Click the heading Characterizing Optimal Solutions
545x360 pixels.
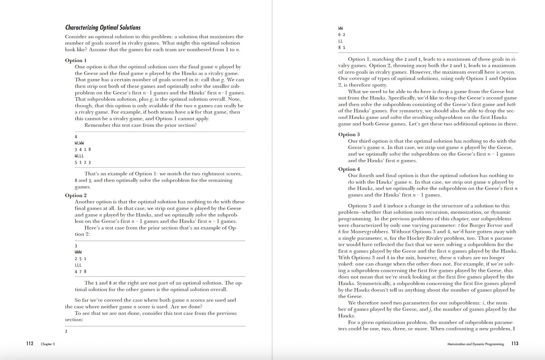click(103, 28)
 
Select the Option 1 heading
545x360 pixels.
click(76, 60)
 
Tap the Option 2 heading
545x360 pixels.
click(76, 195)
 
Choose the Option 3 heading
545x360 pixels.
click(349, 135)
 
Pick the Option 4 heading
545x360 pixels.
click(349, 169)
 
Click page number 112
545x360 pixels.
click(30, 344)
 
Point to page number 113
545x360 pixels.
click(515, 344)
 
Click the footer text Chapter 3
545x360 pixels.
click(48, 344)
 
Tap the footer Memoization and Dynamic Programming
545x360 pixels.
click(475, 344)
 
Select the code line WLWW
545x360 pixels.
click(79, 143)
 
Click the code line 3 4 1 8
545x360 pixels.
click(83, 149)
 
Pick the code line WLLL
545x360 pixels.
click(79, 156)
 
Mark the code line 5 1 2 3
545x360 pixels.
click(83, 163)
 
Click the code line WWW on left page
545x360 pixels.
click(78, 252)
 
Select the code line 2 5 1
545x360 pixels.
click(80, 259)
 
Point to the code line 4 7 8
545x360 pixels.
click(80, 272)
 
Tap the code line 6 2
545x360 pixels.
click(342, 35)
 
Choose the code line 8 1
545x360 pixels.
click(342, 48)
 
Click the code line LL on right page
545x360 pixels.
click(340, 41)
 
